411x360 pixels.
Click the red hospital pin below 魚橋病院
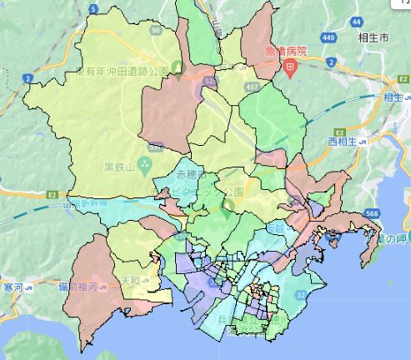(290, 67)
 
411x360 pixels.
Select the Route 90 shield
(156, 30)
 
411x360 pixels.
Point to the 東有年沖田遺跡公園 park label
(122, 72)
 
